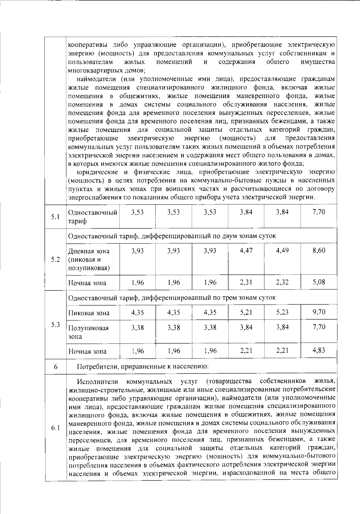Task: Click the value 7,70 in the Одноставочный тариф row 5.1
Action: pos(319,212)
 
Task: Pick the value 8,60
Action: pos(319,251)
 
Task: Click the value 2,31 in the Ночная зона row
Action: pos(246,282)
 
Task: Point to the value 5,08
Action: pos(319,282)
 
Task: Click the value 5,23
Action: pos(282,312)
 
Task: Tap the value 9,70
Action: pos(319,312)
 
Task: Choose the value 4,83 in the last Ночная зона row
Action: pos(319,350)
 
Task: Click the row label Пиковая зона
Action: pos(89,313)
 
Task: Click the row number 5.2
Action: pos(55,259)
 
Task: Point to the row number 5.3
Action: pos(55,325)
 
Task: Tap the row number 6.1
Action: pos(55,428)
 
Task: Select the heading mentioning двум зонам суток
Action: pos(172,236)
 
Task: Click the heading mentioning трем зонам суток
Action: pos(172,298)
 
